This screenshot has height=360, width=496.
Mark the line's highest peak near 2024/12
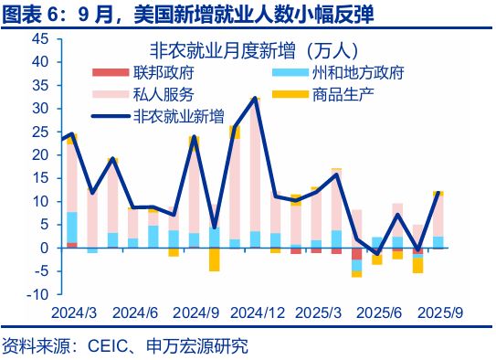(254, 98)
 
